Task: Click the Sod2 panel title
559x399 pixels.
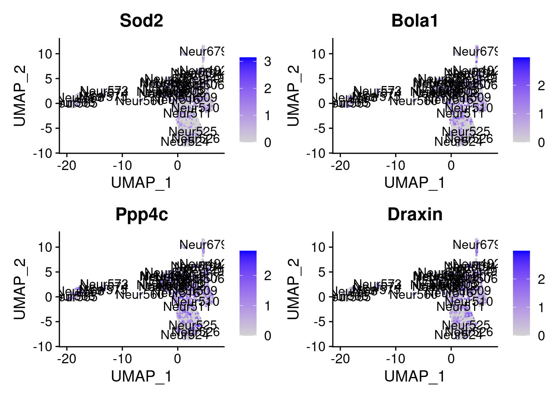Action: click(x=141, y=21)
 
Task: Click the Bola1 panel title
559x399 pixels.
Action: click(x=415, y=21)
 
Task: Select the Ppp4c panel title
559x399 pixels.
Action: click(x=141, y=214)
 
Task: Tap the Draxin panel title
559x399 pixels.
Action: click(x=415, y=214)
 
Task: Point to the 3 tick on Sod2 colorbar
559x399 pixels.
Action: click(x=267, y=62)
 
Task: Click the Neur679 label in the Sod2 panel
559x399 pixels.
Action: click(x=202, y=52)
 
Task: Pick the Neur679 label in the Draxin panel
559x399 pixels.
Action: click(x=475, y=245)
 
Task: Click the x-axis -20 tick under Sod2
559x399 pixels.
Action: click(x=67, y=165)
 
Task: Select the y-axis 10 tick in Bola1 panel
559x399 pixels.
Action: click(x=319, y=54)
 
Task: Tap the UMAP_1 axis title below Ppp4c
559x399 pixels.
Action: click(x=141, y=376)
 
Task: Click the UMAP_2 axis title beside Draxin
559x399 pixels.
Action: click(x=293, y=289)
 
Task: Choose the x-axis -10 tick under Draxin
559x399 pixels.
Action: click(x=395, y=359)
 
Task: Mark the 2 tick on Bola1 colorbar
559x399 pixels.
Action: click(x=541, y=86)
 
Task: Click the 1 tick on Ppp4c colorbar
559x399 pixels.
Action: click(x=267, y=306)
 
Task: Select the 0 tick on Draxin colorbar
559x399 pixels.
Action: click(x=541, y=335)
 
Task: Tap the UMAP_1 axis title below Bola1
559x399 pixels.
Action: click(x=415, y=183)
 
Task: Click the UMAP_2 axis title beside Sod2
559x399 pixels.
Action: click(x=20, y=96)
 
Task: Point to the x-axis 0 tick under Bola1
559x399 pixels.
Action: click(x=451, y=165)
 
